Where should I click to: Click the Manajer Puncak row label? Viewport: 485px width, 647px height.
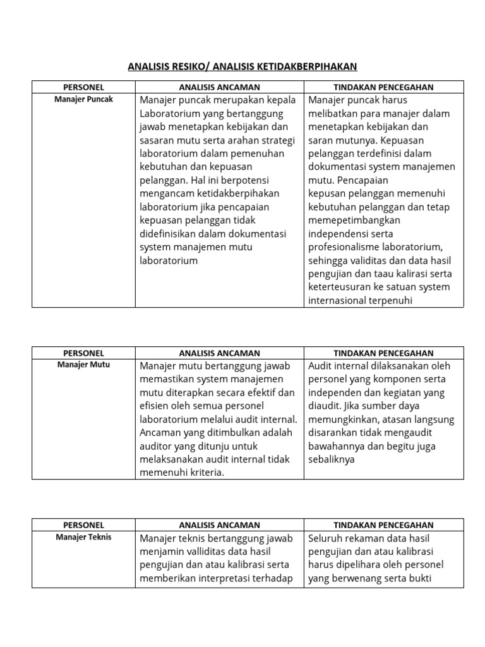point(83,99)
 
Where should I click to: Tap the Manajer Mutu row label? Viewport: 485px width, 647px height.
point(83,365)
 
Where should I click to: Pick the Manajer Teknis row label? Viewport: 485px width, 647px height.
point(83,536)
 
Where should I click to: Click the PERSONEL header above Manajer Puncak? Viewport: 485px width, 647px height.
point(83,87)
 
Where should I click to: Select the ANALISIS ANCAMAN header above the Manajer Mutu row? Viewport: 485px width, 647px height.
point(219,353)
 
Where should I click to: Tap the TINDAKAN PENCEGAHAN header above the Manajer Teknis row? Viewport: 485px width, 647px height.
point(383,525)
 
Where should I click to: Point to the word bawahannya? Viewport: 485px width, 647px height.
point(337,446)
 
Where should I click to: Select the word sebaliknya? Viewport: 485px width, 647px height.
point(332,459)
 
